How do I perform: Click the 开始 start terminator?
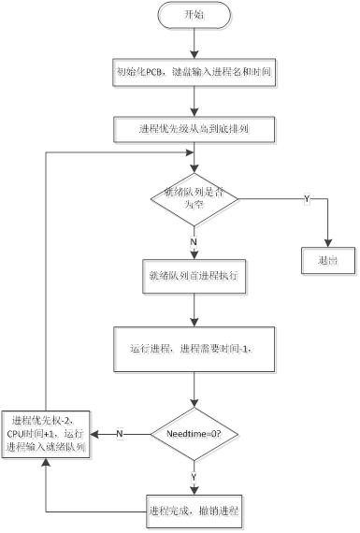point(193,15)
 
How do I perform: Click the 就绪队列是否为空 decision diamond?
point(194,198)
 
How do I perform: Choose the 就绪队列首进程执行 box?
point(194,277)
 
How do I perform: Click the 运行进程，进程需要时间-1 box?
point(194,349)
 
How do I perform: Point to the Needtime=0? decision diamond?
point(194,433)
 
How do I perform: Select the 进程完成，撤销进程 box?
point(194,511)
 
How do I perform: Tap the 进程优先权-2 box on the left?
point(50,433)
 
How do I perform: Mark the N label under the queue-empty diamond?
point(194,240)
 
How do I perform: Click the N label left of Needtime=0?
point(120,433)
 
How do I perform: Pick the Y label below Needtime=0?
point(194,476)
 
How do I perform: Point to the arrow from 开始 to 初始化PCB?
point(194,43)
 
